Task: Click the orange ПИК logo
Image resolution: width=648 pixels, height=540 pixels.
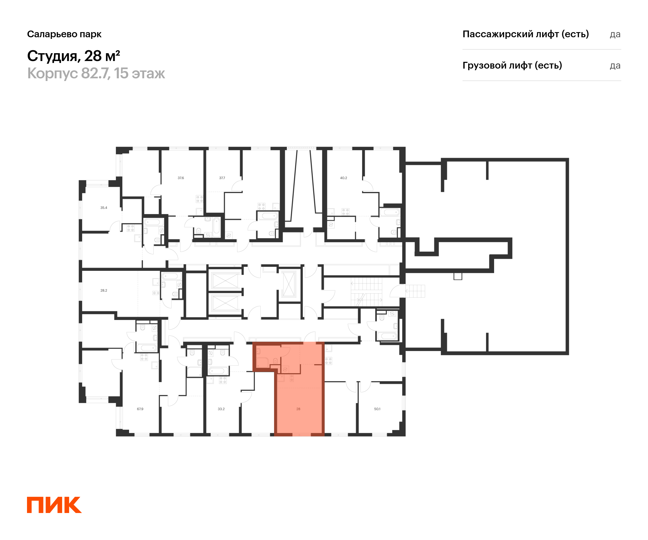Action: [x=54, y=505]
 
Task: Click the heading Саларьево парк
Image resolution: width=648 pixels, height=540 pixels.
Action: [x=64, y=34]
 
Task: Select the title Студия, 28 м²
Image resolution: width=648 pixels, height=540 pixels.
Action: [x=73, y=56]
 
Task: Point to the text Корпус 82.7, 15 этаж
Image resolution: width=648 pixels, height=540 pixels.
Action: [x=96, y=73]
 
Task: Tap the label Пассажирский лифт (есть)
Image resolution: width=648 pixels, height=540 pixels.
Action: [x=525, y=34]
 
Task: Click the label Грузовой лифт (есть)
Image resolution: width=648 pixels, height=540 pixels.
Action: [x=512, y=65]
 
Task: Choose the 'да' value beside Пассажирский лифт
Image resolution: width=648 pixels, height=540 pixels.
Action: [x=615, y=35]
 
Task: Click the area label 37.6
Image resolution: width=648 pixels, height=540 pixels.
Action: [x=181, y=178]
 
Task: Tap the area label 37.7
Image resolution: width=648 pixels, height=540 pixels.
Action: [x=222, y=178]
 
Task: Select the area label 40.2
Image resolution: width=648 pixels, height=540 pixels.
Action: [x=343, y=178]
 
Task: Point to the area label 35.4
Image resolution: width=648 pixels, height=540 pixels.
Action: [x=104, y=208]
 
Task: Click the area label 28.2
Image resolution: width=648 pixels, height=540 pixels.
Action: [x=104, y=290]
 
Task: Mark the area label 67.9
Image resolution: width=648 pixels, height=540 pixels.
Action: [x=140, y=409]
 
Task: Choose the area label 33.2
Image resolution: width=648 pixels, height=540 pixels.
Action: [x=221, y=409]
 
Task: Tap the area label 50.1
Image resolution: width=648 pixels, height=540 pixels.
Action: [x=377, y=409]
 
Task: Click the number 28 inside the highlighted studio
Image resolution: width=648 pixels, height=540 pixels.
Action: [x=298, y=409]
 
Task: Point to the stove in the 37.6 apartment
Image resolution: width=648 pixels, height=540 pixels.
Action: [x=200, y=199]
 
